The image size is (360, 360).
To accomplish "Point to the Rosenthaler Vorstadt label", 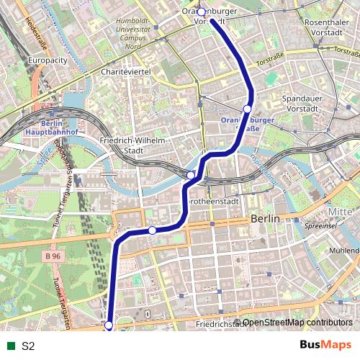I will click(327, 28).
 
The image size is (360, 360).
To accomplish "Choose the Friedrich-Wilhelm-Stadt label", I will click(135, 145).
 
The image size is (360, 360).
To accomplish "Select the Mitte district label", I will click(341, 212).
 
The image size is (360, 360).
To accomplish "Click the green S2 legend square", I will click(9, 346).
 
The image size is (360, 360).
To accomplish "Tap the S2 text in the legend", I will click(28, 346).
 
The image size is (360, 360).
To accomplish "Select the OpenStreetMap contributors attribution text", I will click(297, 322).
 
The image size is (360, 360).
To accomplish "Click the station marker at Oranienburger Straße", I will click(247, 109).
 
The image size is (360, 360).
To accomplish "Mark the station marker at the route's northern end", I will click(202, 12).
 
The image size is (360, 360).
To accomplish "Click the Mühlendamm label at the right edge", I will click(343, 251).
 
